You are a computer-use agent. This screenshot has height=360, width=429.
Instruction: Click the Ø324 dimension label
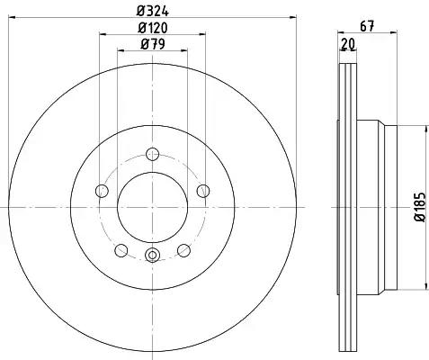tap(153, 12)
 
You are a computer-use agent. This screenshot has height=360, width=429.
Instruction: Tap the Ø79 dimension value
tap(153, 44)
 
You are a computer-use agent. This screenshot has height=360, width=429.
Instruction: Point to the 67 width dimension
tap(367, 26)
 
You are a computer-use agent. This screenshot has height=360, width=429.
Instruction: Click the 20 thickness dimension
tap(348, 44)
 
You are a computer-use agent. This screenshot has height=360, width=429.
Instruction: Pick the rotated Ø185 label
tap(420, 207)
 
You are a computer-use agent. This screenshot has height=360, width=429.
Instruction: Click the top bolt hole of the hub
tap(152, 154)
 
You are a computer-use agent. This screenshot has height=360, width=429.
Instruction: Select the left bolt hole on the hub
tap(102, 191)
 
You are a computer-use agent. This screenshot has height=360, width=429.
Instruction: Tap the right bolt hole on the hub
tap(203, 191)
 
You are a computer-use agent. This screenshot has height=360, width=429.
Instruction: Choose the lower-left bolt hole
tap(121, 250)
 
